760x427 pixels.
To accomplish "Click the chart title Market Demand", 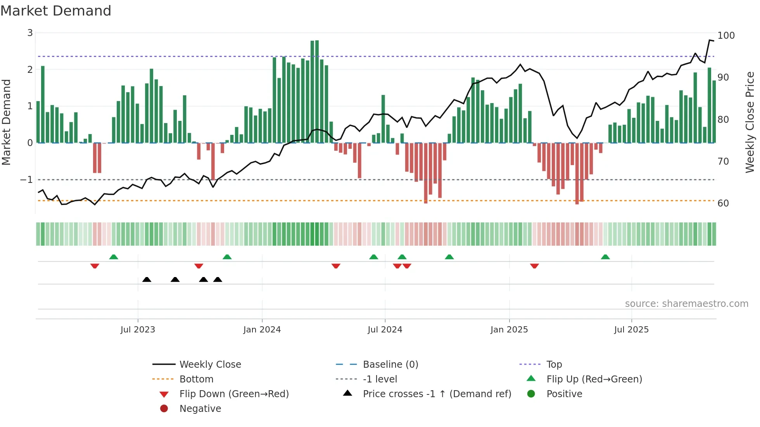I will (56, 11).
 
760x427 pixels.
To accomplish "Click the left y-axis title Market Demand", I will (6, 122).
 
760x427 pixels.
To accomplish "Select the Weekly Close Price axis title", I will (750, 122).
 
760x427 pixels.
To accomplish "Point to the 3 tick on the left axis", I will (30, 33).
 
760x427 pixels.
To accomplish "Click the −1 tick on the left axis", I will (27, 180).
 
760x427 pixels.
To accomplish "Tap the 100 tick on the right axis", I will (726, 36).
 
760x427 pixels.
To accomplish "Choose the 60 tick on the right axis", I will (723, 203).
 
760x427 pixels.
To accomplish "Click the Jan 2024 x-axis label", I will (262, 330).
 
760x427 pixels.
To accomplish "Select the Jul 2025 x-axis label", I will (631, 330).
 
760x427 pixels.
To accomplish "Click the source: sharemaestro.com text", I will (686, 304).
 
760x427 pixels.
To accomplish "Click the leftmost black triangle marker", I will (147, 280).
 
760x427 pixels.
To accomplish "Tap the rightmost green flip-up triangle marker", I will (605, 257).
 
